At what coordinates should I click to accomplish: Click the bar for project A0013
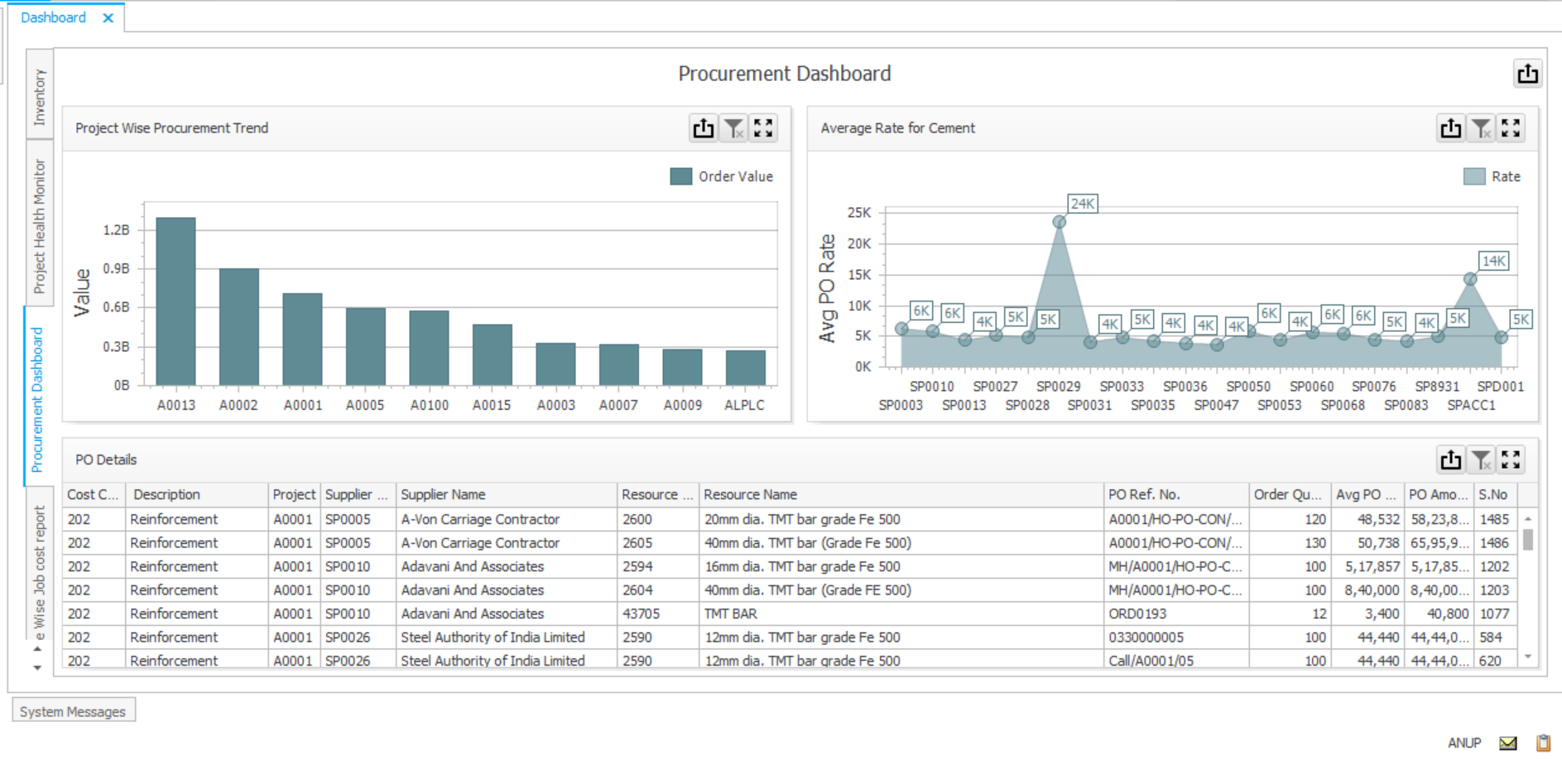coord(175,301)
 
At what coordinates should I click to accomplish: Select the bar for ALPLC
coord(745,368)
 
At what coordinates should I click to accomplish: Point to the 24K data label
coord(1082,204)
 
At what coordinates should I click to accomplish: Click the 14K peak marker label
coord(1493,261)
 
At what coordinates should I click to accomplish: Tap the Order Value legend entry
coord(722,176)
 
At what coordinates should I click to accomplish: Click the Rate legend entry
coord(1492,176)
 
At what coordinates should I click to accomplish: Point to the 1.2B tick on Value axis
coord(117,230)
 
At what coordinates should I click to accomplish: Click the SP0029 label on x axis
coord(1058,387)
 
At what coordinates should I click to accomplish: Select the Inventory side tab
coord(40,96)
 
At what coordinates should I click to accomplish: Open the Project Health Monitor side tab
coord(40,225)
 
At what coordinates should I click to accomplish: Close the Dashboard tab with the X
coord(108,17)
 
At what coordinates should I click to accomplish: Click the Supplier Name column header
coord(443,494)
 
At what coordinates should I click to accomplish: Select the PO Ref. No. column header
coord(1143,494)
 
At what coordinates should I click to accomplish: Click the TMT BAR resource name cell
coord(730,614)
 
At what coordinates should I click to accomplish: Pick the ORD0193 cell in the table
coord(1137,614)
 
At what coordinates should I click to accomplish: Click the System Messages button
coord(73,711)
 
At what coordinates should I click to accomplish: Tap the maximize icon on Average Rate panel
coord(1511,128)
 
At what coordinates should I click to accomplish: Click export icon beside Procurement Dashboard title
coord(1527,74)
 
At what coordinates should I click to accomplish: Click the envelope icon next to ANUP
coord(1508,743)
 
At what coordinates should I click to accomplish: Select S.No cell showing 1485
coord(1494,519)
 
